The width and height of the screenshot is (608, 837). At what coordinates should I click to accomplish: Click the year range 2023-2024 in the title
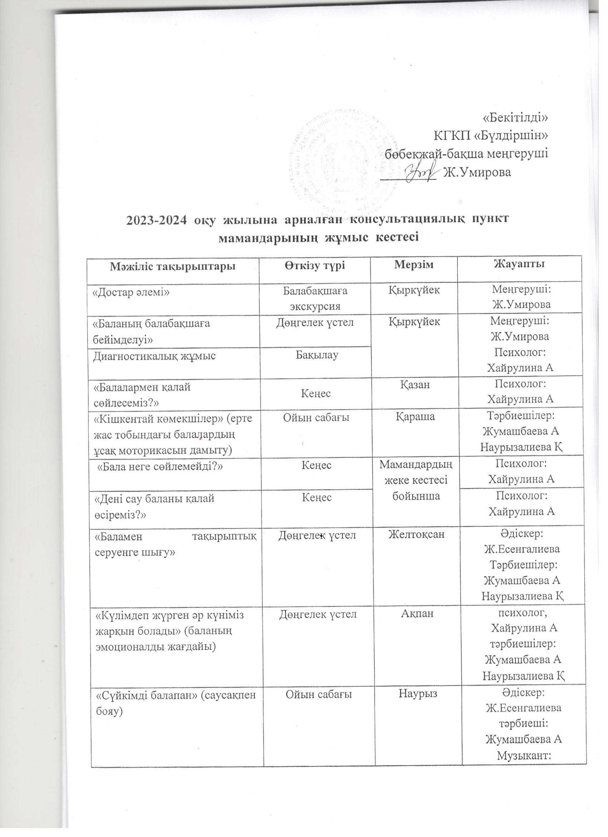155,219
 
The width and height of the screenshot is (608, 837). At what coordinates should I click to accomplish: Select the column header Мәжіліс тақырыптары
172,266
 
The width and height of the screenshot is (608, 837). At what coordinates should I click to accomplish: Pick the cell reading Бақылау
317,355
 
